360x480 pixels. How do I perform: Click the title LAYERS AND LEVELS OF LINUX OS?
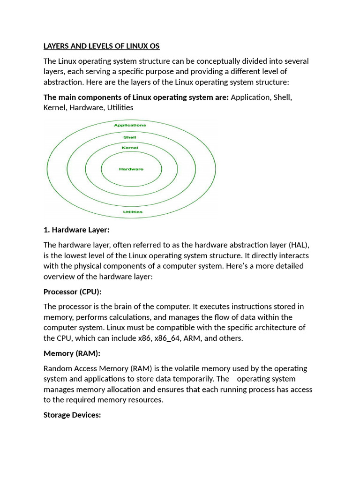pyautogui.click(x=101, y=46)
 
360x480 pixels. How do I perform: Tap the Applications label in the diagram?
pyautogui.click(x=130, y=125)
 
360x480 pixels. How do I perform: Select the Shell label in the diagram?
pyautogui.click(x=130, y=137)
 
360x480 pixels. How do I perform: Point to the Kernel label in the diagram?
pyautogui.click(x=130, y=148)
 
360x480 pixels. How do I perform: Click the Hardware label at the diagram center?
pyautogui.click(x=131, y=169)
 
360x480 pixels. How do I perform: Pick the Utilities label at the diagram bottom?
pyautogui.click(x=133, y=212)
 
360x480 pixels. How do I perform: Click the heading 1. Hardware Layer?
pyautogui.click(x=76, y=230)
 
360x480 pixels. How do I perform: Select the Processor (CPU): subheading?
pyautogui.click(x=72, y=292)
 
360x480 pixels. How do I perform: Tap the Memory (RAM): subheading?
pyautogui.click(x=72, y=353)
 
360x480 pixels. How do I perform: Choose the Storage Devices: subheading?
pyautogui.click(x=72, y=415)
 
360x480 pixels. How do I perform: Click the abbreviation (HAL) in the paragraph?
pyautogui.click(x=299, y=245)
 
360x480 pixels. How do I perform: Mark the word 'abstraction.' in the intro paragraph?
pyautogui.click(x=64, y=82)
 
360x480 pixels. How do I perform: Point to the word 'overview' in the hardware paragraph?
pyautogui.click(x=59, y=276)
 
